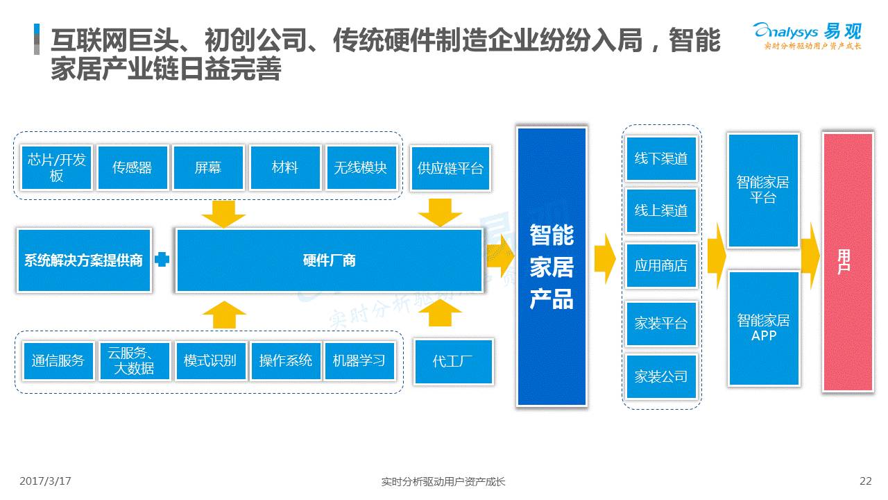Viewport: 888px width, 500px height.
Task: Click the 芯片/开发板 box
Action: pos(56,167)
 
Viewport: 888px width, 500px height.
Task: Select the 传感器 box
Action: pos(133,167)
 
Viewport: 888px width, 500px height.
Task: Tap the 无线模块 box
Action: pos(361,167)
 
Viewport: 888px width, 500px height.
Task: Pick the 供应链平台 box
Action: pos(450,168)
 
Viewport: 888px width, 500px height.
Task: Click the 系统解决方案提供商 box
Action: pos(84,260)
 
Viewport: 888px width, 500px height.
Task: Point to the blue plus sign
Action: pos(162,260)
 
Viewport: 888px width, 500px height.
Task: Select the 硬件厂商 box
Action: pos(330,260)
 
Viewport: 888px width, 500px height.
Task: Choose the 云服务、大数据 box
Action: pos(135,360)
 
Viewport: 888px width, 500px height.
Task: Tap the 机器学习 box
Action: pos(359,360)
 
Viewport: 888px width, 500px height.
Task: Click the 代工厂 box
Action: pos(453,361)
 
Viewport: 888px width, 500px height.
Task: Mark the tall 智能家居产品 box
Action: pos(552,267)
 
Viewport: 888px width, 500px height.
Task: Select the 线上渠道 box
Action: pos(661,210)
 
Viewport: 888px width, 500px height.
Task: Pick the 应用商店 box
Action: pos(661,265)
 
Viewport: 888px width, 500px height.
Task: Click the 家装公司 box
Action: pos(661,376)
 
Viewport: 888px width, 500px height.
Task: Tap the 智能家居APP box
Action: pos(763,328)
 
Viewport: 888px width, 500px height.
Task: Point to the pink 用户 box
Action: pos(847,262)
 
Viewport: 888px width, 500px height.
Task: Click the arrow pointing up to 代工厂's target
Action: pos(440,313)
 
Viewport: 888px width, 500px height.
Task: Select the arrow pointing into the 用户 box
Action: pos(810,256)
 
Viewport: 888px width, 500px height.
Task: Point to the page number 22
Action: pos(865,481)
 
